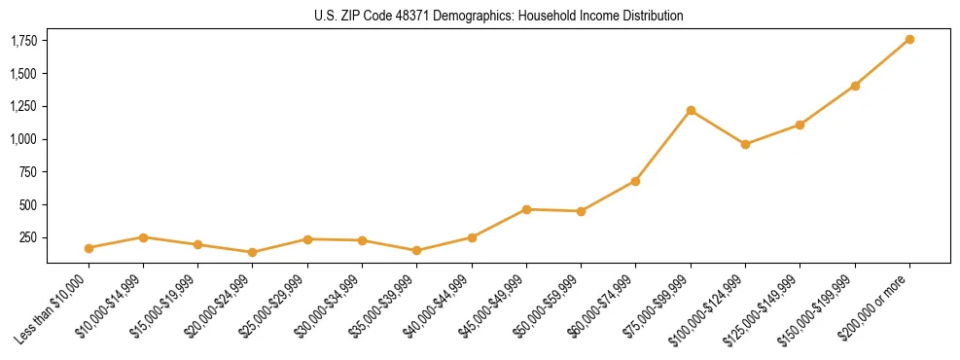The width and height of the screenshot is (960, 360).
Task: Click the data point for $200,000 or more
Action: point(909,39)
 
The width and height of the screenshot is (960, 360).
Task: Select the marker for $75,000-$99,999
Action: point(691,110)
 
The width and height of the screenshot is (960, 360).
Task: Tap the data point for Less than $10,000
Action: point(89,248)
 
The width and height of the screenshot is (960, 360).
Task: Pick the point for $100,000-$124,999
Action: point(745,144)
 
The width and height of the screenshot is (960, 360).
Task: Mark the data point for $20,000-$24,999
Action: point(253,252)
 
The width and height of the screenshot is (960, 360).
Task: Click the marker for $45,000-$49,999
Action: point(526,209)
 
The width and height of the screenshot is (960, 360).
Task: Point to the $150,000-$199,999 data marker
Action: point(855,86)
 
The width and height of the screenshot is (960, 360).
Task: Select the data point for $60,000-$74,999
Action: point(635,181)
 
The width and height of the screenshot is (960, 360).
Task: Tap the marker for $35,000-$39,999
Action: point(416,250)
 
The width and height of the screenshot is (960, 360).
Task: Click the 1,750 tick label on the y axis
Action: point(24,41)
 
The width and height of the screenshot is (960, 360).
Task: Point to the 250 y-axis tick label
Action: point(29,237)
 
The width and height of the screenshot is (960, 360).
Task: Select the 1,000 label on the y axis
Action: point(24,139)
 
